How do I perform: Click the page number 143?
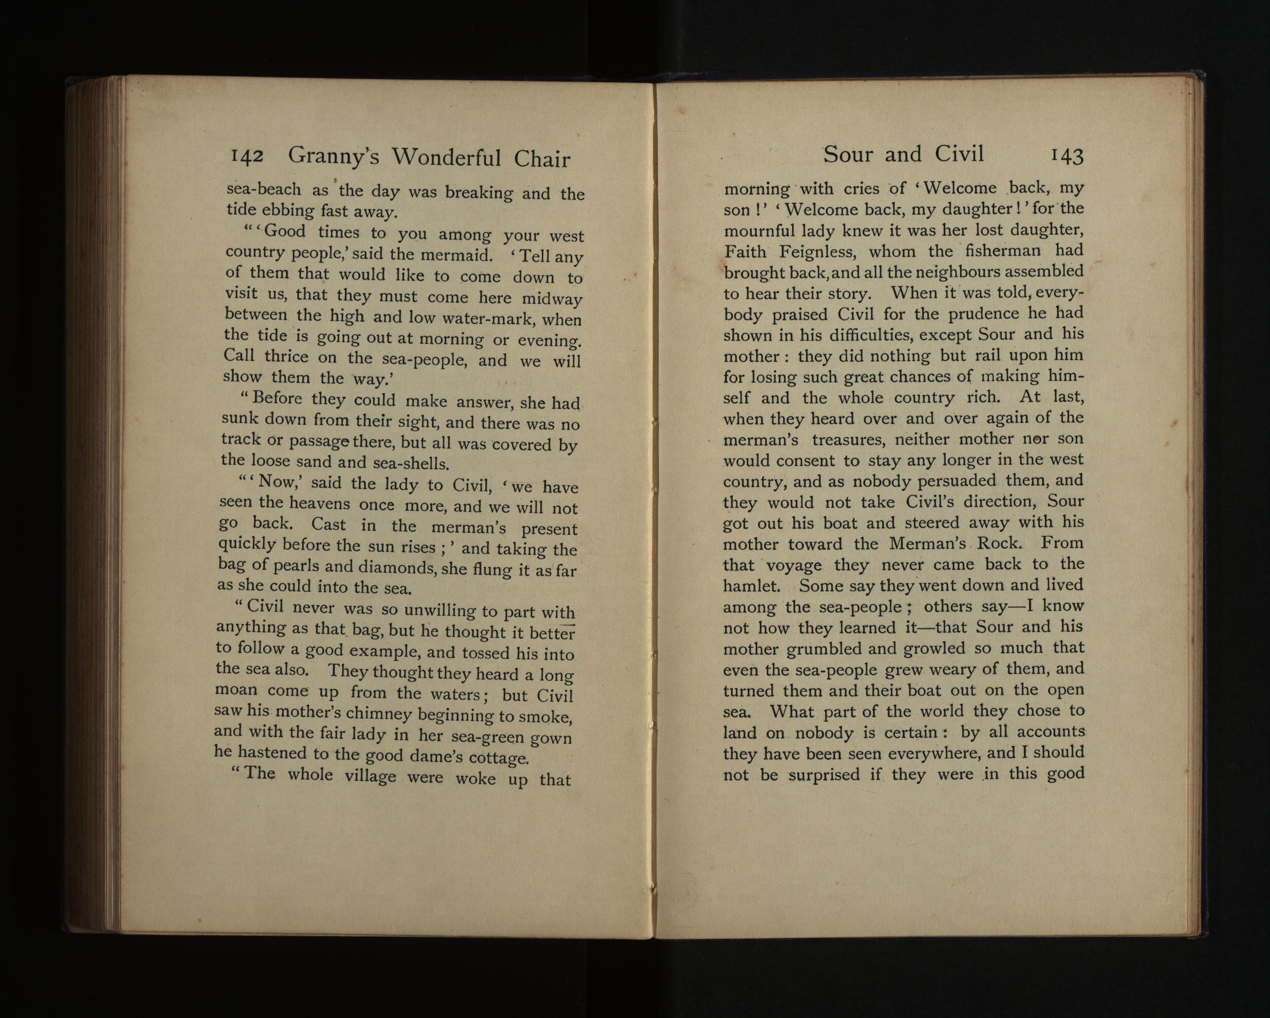click(x=1066, y=156)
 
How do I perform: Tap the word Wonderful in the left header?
click(x=447, y=158)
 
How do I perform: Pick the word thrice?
click(x=286, y=357)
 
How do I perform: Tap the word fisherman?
click(x=1003, y=251)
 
